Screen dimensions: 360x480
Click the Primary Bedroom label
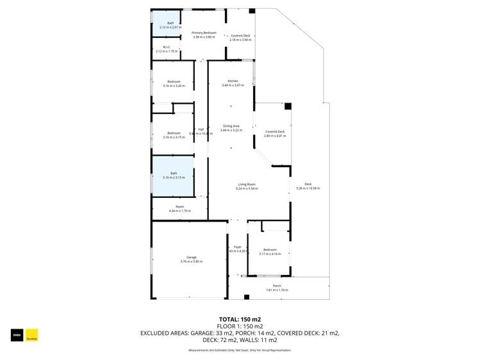(x=204, y=33)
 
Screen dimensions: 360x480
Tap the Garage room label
(x=192, y=258)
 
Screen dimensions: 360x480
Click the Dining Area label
(x=231, y=126)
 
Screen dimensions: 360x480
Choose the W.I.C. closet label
(x=165, y=47)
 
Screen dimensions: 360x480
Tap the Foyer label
(x=238, y=247)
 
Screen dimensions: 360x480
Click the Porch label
(x=277, y=286)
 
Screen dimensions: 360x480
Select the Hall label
(x=201, y=129)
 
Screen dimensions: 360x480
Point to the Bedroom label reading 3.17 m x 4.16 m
(x=270, y=250)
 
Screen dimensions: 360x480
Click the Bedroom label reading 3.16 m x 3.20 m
(x=174, y=81)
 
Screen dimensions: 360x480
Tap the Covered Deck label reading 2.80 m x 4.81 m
(x=275, y=132)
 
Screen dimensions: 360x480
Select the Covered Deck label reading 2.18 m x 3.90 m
(x=240, y=36)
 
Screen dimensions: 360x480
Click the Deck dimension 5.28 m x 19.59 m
(x=308, y=188)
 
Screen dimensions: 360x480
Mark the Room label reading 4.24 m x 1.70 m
(x=179, y=206)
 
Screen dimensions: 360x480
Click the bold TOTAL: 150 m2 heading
(x=240, y=319)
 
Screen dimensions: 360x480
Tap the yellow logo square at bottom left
(x=32, y=335)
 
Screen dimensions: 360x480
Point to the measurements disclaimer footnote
(x=240, y=350)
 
